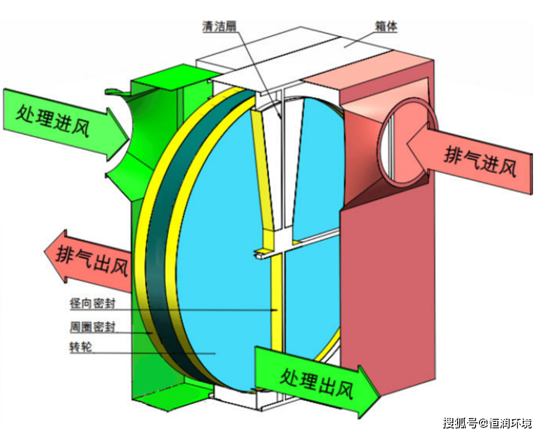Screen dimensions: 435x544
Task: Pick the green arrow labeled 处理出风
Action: tap(315, 379)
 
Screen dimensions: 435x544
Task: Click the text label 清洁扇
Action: tap(219, 26)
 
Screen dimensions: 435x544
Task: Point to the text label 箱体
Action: tap(385, 26)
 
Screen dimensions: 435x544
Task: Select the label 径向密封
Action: tap(92, 303)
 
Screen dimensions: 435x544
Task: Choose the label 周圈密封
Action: tap(92, 326)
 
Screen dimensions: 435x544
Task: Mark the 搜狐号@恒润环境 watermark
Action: tap(487, 423)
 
